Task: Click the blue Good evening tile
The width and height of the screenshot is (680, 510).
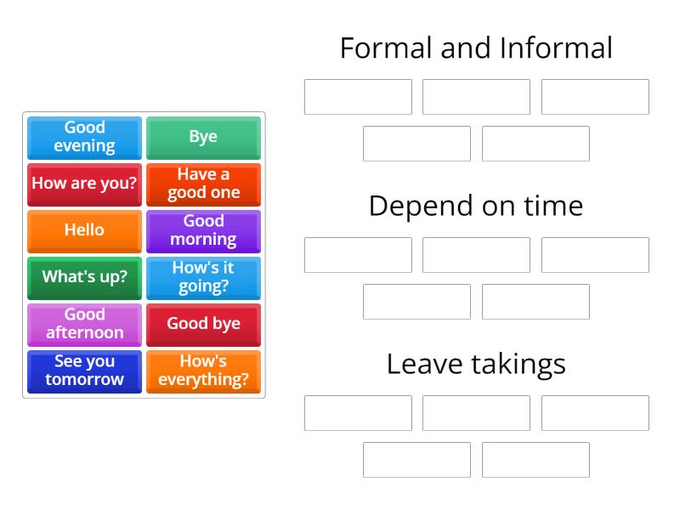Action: pos(84,137)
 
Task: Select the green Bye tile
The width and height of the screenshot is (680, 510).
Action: pos(203,137)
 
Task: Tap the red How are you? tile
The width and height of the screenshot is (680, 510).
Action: pos(84,184)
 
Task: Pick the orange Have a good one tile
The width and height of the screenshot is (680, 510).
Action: pos(203,184)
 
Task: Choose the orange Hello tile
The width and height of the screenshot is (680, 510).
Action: pos(84,230)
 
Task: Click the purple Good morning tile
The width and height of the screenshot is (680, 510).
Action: pos(203,230)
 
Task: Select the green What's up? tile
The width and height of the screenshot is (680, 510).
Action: pos(84,277)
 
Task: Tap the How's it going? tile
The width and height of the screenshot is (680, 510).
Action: pos(203,277)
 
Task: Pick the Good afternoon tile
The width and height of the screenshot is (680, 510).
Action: pos(84,324)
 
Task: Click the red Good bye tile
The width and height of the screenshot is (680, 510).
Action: pos(203,324)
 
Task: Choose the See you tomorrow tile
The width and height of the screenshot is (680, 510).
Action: pos(84,371)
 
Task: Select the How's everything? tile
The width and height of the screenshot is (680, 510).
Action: pos(203,371)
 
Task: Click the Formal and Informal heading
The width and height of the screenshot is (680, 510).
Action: pos(476,48)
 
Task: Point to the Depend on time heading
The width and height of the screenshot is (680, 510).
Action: pos(476,206)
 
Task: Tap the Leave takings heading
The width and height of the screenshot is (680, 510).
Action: pos(476,364)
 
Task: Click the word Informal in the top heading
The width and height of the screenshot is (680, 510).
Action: pos(557,48)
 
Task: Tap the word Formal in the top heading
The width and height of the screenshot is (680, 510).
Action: pos(386,48)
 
